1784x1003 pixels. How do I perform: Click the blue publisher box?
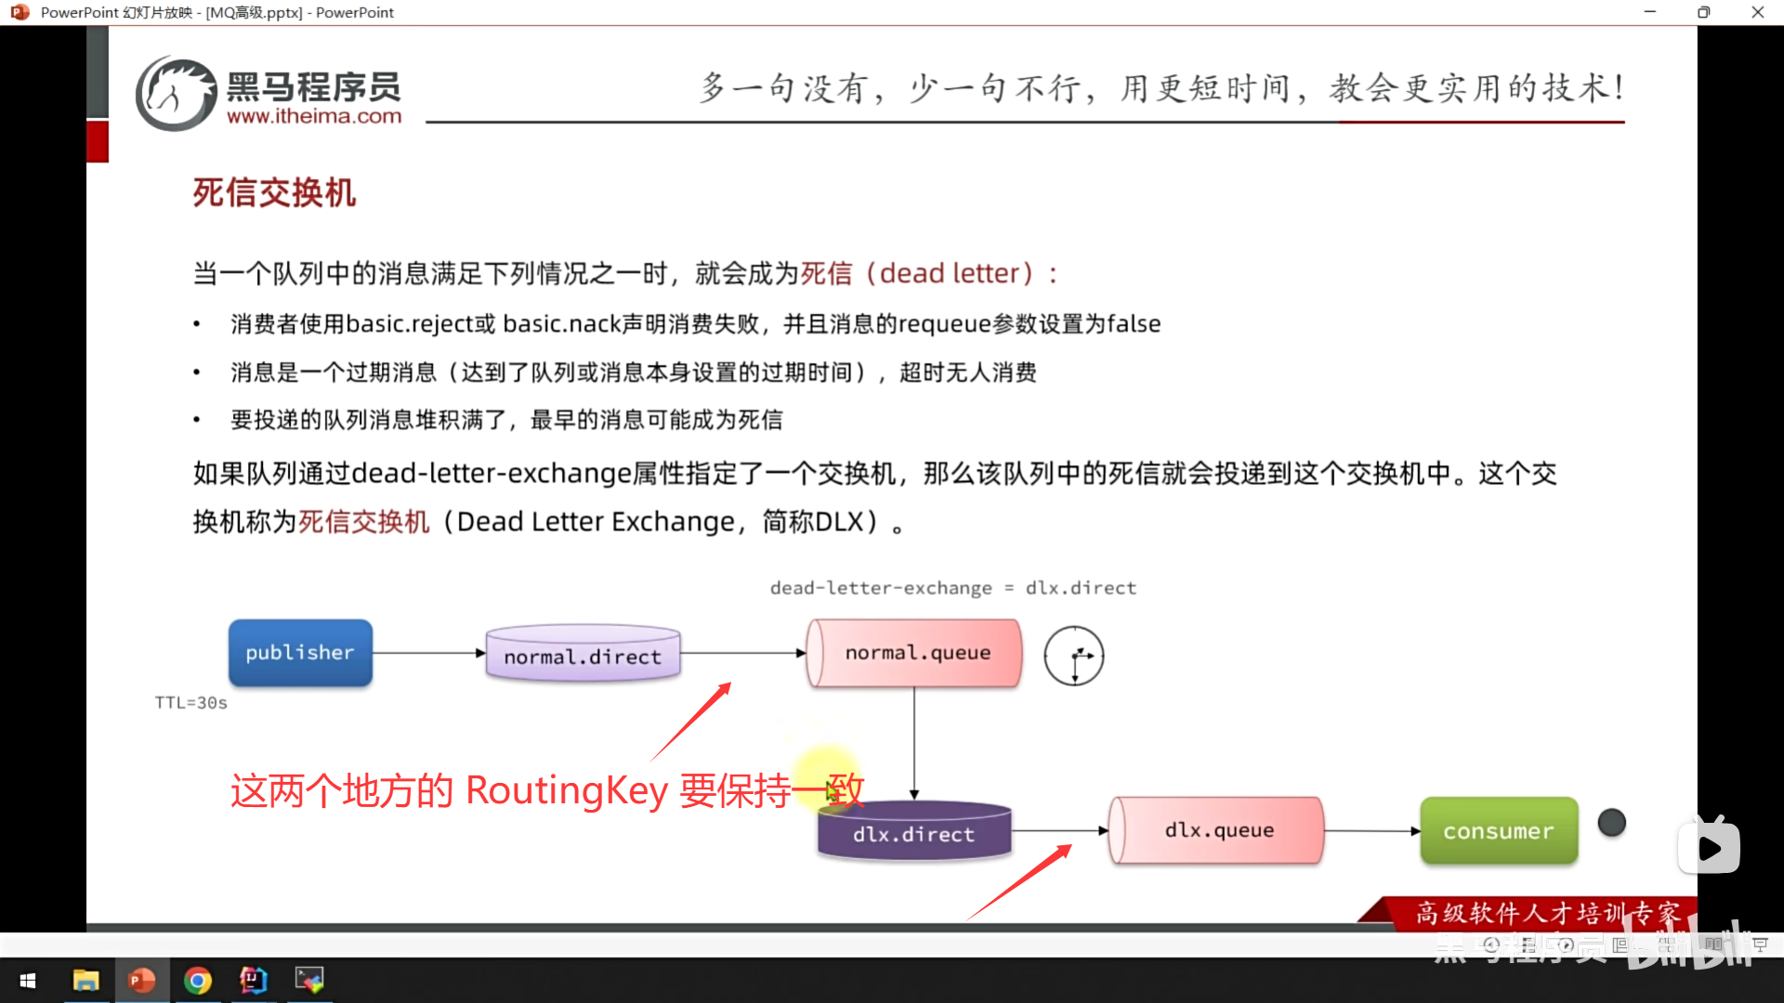point(300,653)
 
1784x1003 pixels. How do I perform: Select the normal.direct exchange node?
point(583,655)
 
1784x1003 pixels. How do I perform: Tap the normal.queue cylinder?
point(916,653)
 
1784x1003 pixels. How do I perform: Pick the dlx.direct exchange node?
point(913,833)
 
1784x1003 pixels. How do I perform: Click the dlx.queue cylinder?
point(1218,830)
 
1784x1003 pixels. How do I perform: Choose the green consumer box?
point(1498,831)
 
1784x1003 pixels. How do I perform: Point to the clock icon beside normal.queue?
point(1074,656)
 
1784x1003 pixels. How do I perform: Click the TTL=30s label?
point(190,703)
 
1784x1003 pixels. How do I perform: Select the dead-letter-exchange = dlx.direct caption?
point(952,588)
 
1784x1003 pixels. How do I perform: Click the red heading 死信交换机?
point(274,193)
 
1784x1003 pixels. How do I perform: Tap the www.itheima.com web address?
point(314,117)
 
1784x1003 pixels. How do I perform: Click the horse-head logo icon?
point(176,94)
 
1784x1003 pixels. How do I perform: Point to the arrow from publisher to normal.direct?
point(428,653)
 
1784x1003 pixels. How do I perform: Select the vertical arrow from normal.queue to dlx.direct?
point(914,743)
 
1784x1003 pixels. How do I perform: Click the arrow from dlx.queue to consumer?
point(1371,831)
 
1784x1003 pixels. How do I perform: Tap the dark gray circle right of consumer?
point(1611,822)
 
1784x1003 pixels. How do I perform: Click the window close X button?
point(1757,12)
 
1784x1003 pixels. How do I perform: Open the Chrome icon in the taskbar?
point(198,981)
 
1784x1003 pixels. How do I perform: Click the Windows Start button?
point(28,981)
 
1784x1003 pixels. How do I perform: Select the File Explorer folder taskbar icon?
point(85,981)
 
